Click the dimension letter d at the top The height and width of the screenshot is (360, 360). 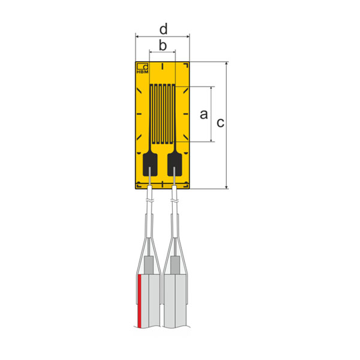(163, 29)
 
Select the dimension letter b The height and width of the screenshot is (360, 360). (162, 46)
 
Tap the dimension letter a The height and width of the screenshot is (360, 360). (203, 114)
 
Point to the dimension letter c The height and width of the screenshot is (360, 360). (220, 123)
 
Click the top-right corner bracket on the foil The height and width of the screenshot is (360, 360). (187, 65)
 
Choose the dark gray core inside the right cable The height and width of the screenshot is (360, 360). (175, 264)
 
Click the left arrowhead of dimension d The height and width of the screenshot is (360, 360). (139, 37)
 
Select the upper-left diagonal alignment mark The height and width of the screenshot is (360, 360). (140, 90)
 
